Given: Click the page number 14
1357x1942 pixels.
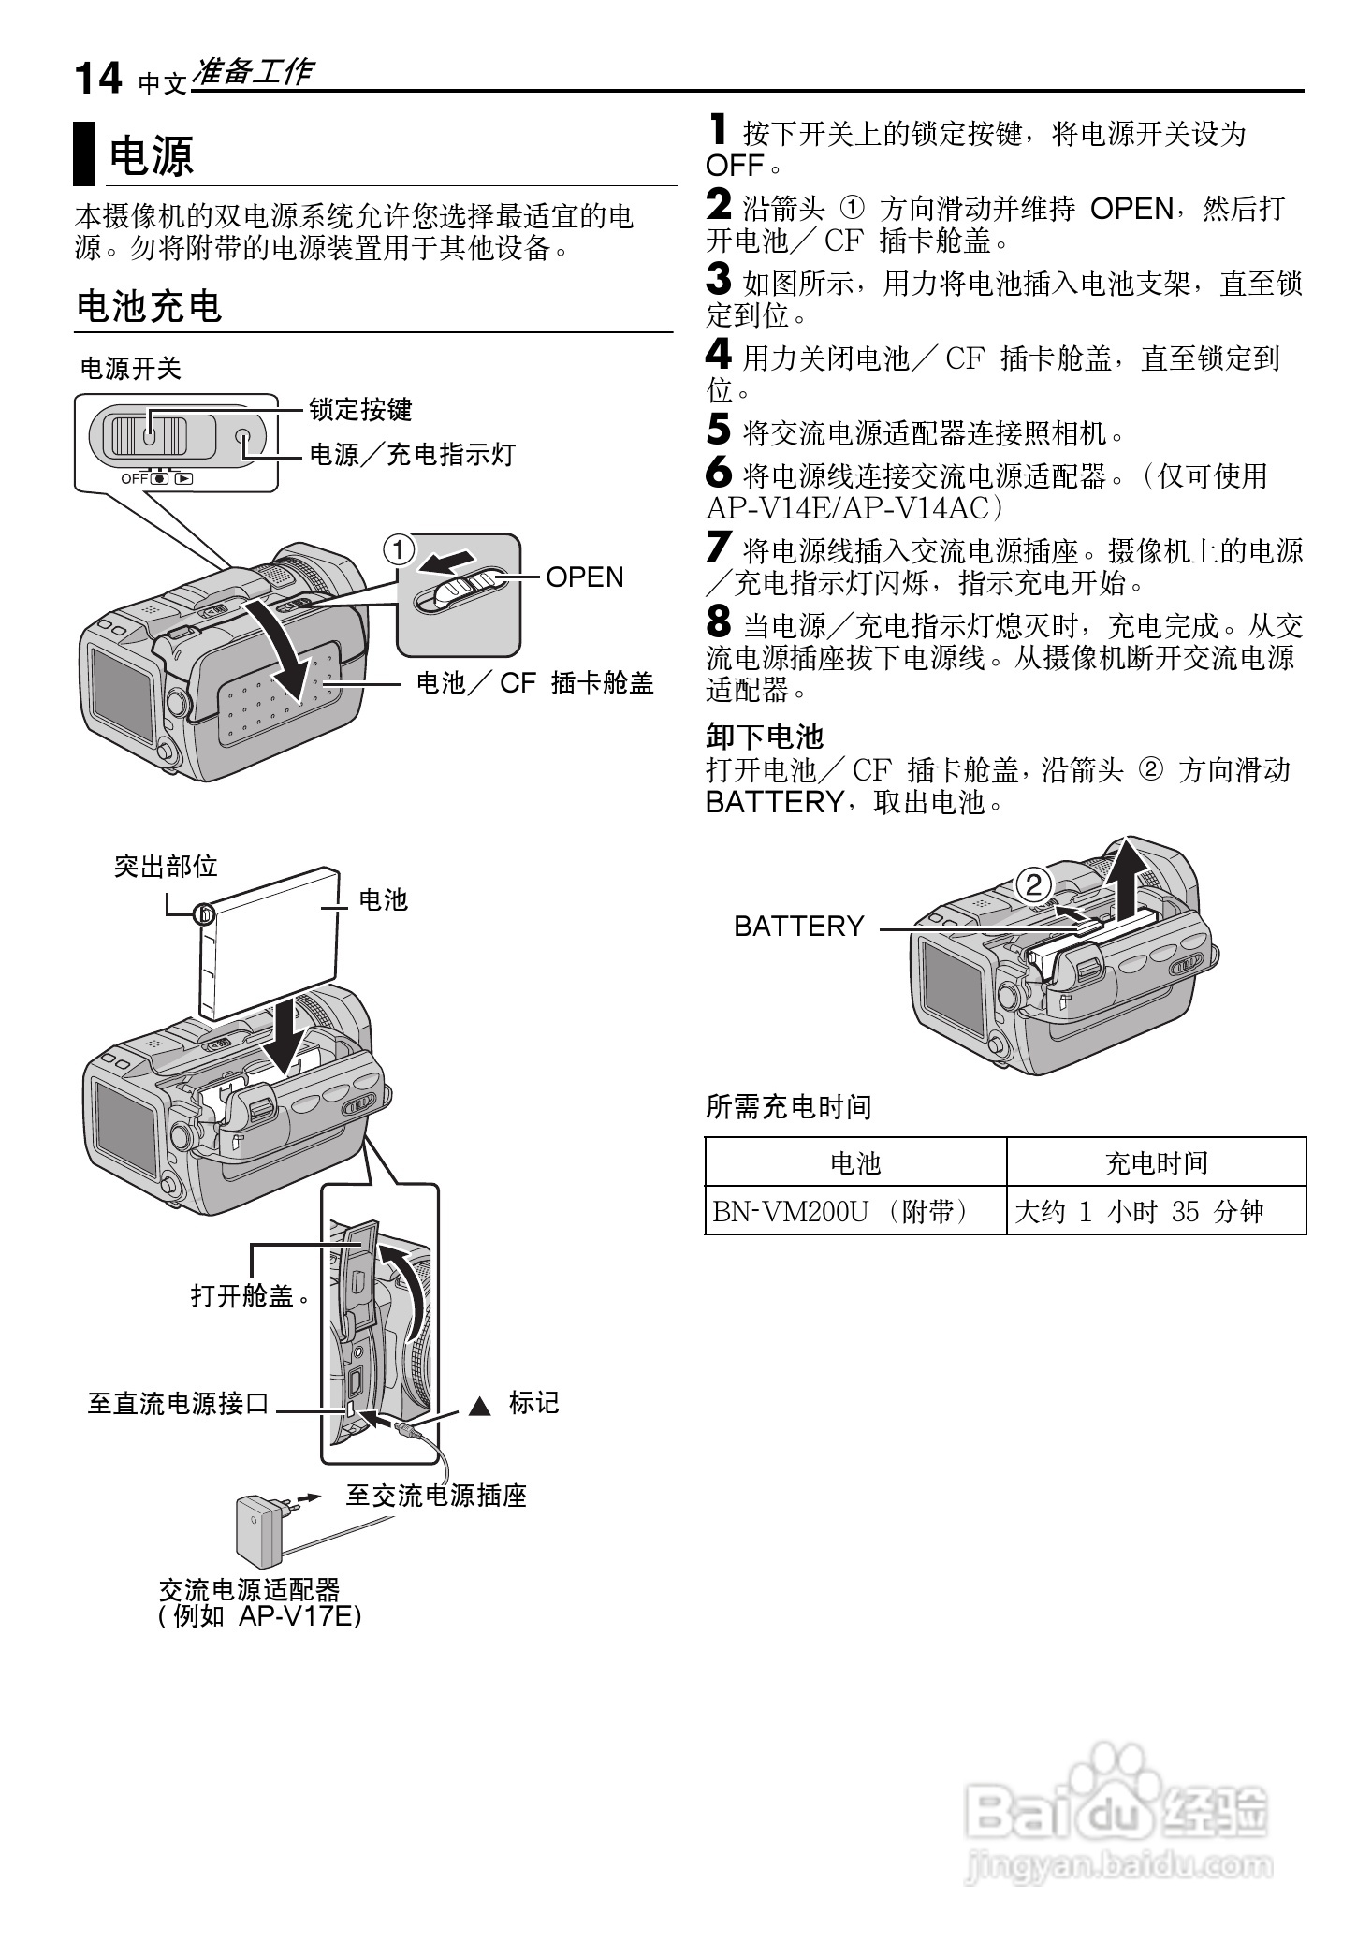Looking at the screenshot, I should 97,79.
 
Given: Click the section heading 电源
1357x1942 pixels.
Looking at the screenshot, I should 151,155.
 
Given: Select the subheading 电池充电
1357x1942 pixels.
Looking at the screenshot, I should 149,306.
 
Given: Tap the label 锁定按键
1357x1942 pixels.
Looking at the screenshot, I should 360,410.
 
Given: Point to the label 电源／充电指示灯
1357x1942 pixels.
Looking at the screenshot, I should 413,456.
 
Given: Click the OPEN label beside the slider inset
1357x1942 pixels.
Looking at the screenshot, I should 584,577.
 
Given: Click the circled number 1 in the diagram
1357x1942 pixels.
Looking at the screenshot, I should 398,550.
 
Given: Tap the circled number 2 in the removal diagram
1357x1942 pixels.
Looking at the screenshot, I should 1032,884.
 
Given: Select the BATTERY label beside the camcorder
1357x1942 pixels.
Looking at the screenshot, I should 798,927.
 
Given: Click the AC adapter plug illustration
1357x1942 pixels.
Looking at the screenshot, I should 263,1531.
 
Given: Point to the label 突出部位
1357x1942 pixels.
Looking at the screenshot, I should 166,867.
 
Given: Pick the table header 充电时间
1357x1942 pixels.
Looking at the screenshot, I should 1156,1163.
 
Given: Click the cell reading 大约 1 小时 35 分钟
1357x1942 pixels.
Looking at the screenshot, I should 1139,1212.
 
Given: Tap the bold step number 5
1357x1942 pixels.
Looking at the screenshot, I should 718,431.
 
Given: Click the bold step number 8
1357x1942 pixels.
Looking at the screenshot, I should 718,622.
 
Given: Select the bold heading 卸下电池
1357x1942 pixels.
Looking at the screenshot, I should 764,737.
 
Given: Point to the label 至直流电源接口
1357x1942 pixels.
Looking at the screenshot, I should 178,1404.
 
